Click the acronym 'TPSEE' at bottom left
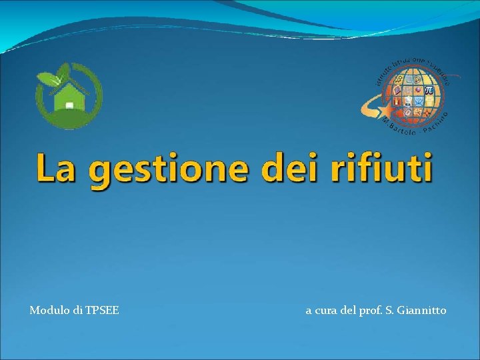[103, 310]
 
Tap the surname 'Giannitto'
[422, 310]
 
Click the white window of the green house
[69, 105]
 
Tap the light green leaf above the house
[63, 72]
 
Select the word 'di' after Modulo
[79, 310]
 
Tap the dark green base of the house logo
[69, 121]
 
